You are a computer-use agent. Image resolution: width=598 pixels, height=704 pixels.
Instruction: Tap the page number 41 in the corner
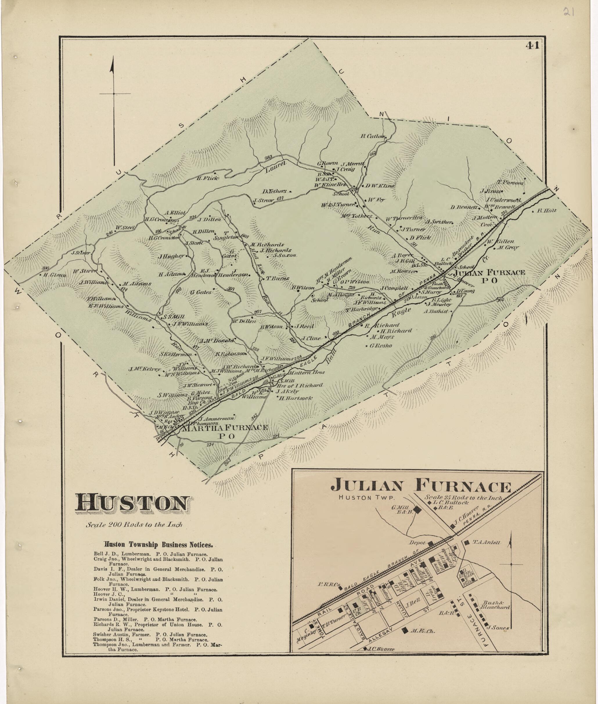pyautogui.click(x=533, y=45)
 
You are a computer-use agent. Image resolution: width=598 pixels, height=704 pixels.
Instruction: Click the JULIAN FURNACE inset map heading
pyautogui.click(x=421, y=486)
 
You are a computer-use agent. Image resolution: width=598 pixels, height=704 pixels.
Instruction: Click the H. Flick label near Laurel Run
pyautogui.click(x=208, y=178)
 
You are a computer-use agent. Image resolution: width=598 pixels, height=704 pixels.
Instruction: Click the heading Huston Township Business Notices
pyautogui.click(x=158, y=545)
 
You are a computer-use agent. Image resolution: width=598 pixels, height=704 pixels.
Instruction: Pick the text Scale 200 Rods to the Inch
pyautogui.click(x=134, y=524)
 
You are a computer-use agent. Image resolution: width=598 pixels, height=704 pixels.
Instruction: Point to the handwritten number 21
pyautogui.click(x=568, y=12)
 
